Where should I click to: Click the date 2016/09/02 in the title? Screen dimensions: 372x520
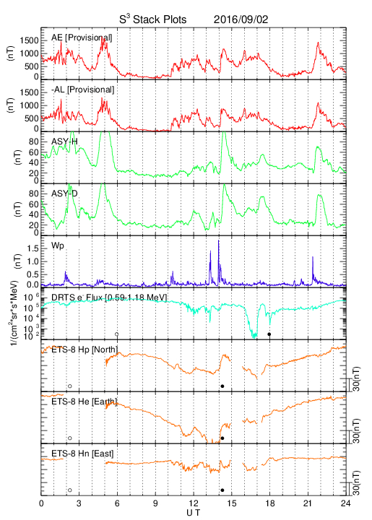pyautogui.click(x=241, y=19)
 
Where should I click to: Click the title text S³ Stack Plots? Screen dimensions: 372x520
pyautogui.click(x=153, y=19)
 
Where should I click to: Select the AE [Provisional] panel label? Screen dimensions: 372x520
pyautogui.click(x=82, y=38)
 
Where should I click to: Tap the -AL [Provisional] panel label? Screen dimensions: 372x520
pyautogui.click(x=82, y=90)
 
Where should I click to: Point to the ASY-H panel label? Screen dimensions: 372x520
pyautogui.click(x=64, y=142)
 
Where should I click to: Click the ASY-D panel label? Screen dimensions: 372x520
pyautogui.click(x=64, y=194)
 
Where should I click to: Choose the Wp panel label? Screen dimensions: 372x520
pyautogui.click(x=57, y=246)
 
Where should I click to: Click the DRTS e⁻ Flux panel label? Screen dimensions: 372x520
pyautogui.click(x=109, y=298)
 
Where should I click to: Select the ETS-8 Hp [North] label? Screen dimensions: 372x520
pyautogui.click(x=85, y=350)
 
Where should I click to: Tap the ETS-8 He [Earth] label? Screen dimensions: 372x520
pyautogui.click(x=85, y=402)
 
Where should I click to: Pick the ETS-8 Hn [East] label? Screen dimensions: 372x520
pyautogui.click(x=82, y=454)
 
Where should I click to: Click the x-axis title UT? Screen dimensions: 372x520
pyautogui.click(x=194, y=513)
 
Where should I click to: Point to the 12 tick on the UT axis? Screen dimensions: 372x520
pyautogui.click(x=194, y=503)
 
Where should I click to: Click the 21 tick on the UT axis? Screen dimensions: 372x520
pyautogui.click(x=308, y=503)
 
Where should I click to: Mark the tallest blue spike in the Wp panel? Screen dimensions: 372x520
pyautogui.click(x=218, y=240)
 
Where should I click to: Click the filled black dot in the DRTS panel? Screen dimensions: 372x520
pyautogui.click(x=269, y=334)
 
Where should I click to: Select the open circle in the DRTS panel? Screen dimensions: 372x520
pyautogui.click(x=117, y=334)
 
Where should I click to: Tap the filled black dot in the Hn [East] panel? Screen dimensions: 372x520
pyautogui.click(x=222, y=490)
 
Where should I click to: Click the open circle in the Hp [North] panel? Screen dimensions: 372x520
pyautogui.click(x=70, y=386)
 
